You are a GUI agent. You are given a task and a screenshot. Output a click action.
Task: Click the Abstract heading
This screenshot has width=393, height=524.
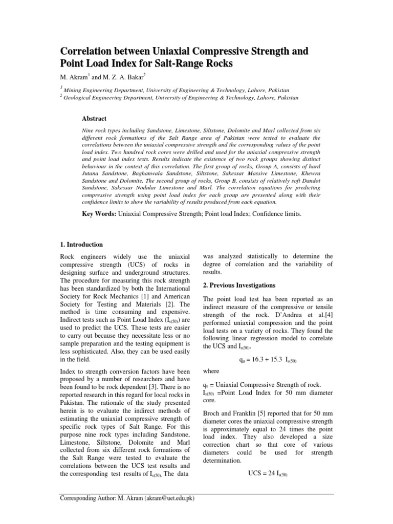coord(95,118)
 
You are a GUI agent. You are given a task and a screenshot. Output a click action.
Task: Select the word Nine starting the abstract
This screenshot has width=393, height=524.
coord(88,131)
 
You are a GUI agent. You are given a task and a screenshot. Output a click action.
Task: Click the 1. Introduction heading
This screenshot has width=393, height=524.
coord(82,245)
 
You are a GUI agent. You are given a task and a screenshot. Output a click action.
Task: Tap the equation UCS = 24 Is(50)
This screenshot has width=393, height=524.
coord(268,474)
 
